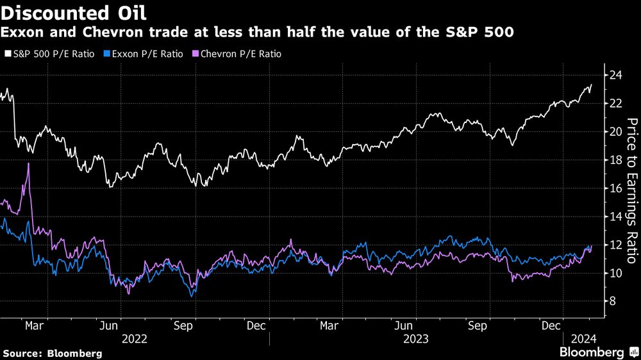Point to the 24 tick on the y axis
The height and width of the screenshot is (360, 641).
(x=616, y=75)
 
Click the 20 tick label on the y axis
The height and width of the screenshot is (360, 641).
(x=616, y=131)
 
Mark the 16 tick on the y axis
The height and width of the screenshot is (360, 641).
(x=616, y=188)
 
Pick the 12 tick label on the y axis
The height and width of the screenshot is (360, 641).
(x=616, y=245)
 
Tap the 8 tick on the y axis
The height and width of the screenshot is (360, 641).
(x=613, y=301)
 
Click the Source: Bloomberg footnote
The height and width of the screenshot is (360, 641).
(x=53, y=353)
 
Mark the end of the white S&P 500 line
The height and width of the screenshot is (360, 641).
(x=591, y=85)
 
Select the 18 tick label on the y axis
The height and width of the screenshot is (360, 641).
(x=616, y=160)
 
